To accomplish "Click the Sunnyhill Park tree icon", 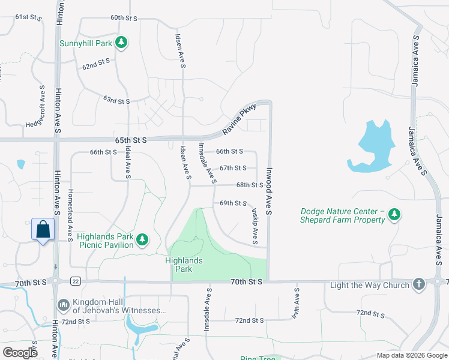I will (122, 42).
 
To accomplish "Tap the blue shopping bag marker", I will (43, 230).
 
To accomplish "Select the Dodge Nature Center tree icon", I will (394, 214).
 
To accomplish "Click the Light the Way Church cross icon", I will (419, 284).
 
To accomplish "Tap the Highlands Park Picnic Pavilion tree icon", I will (142, 240).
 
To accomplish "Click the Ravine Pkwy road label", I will (240, 118).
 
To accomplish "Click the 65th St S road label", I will (131, 139).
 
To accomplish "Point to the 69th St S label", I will (234, 203).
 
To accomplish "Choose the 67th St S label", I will (233, 168).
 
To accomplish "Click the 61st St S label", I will (28, 17).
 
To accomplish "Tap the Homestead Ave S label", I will (70, 212).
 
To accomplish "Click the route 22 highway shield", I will (75, 281).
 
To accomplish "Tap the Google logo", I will (20, 353).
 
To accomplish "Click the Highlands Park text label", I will (184, 265).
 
